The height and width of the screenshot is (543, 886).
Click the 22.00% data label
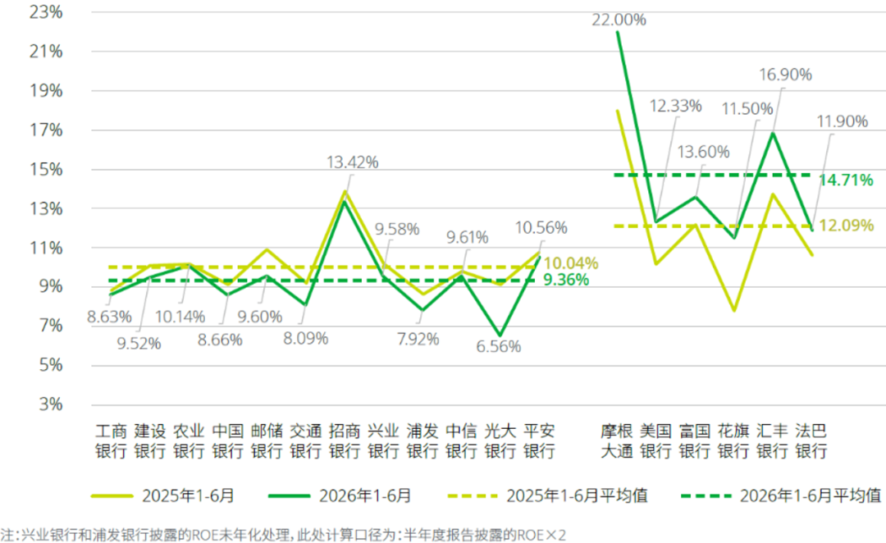[x=619, y=20]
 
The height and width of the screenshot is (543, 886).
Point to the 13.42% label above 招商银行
[x=353, y=162]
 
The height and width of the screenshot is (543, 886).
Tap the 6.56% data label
[x=499, y=346]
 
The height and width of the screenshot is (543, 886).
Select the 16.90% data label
[x=785, y=75]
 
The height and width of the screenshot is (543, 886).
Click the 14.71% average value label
[x=846, y=180]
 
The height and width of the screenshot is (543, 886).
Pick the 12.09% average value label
[x=846, y=226]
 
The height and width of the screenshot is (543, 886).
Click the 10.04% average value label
[x=571, y=263]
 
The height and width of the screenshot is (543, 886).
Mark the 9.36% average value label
[x=566, y=280]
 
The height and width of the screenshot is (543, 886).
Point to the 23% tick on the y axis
[x=46, y=11]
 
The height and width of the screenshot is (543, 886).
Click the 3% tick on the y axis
[x=51, y=404]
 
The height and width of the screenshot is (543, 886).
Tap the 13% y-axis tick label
[x=46, y=208]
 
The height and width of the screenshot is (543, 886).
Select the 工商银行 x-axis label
[x=111, y=441]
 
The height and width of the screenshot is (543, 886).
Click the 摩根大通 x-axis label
[x=616, y=441]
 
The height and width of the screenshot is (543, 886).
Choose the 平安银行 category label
[x=539, y=441]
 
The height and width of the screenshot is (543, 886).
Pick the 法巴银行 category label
[x=811, y=441]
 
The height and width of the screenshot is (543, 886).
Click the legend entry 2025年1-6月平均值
[x=547, y=496]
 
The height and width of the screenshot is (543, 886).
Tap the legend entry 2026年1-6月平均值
[x=781, y=496]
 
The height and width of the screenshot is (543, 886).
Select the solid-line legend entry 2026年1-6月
[x=340, y=496]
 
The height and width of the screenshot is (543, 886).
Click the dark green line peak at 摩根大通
[x=618, y=32]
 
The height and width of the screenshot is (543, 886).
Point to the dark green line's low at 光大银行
[x=500, y=335]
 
